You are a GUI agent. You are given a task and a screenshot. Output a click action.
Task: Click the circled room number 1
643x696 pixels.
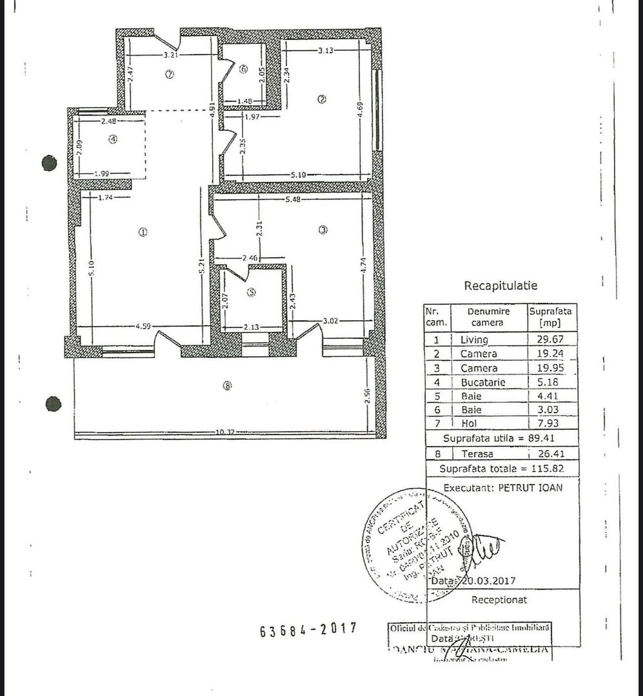click(x=143, y=232)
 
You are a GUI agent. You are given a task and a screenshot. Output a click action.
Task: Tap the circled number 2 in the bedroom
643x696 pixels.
click(x=322, y=99)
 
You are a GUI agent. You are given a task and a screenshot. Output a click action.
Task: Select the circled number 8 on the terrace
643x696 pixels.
click(x=226, y=386)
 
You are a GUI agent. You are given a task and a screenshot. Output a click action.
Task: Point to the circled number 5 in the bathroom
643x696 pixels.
click(x=252, y=293)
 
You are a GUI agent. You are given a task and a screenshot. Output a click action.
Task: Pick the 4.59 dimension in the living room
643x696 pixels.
click(x=143, y=327)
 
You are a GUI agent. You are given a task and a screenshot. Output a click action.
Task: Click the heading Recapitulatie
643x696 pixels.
click(x=500, y=285)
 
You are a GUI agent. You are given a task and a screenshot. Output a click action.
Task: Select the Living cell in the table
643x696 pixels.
click(x=474, y=340)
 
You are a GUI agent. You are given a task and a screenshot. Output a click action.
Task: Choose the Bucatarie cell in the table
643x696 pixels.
click(x=479, y=382)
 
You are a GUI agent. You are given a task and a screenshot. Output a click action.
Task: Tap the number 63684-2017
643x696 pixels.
click(x=308, y=630)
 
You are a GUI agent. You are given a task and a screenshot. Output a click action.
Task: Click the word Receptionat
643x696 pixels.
click(x=499, y=599)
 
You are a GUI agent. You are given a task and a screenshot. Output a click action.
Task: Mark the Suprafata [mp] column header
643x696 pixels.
click(x=551, y=316)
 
